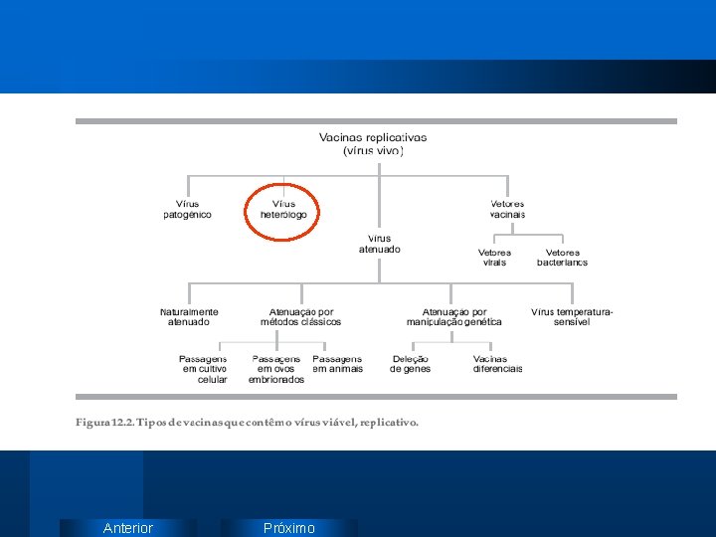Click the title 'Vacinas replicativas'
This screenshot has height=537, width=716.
tap(373, 137)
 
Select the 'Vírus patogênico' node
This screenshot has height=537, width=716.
tap(187, 210)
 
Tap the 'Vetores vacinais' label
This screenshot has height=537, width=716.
tap(507, 210)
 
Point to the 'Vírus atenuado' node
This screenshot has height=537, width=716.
tap(379, 244)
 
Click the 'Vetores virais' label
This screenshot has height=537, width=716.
tap(494, 258)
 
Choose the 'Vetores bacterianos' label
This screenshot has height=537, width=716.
tap(562, 258)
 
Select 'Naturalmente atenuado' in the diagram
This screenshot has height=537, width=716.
tap(189, 317)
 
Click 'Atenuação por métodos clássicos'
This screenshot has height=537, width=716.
tap(300, 317)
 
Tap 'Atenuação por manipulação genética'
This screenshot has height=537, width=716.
tap(453, 317)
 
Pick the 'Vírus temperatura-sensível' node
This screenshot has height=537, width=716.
tap(572, 317)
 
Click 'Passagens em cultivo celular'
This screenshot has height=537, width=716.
tap(203, 369)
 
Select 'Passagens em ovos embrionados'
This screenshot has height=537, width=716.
tap(276, 369)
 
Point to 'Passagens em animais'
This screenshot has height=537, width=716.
tap(337, 364)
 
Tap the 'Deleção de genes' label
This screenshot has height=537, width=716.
tap(410, 364)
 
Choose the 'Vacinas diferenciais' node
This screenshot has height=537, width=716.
tap(497, 364)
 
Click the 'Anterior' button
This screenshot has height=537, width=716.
tap(128, 528)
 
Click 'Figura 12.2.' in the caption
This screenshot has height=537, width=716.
tap(104, 422)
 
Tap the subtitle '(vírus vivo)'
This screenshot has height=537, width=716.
tap(373, 151)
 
